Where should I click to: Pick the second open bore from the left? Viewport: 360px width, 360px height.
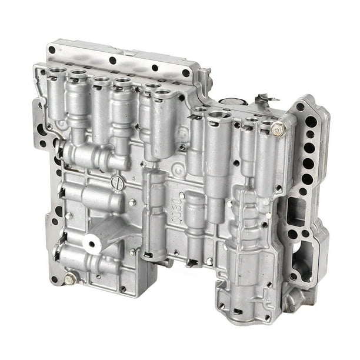pyautogui.click(x=78, y=75)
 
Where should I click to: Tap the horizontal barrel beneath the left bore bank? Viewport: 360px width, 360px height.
pyautogui.click(x=94, y=156)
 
